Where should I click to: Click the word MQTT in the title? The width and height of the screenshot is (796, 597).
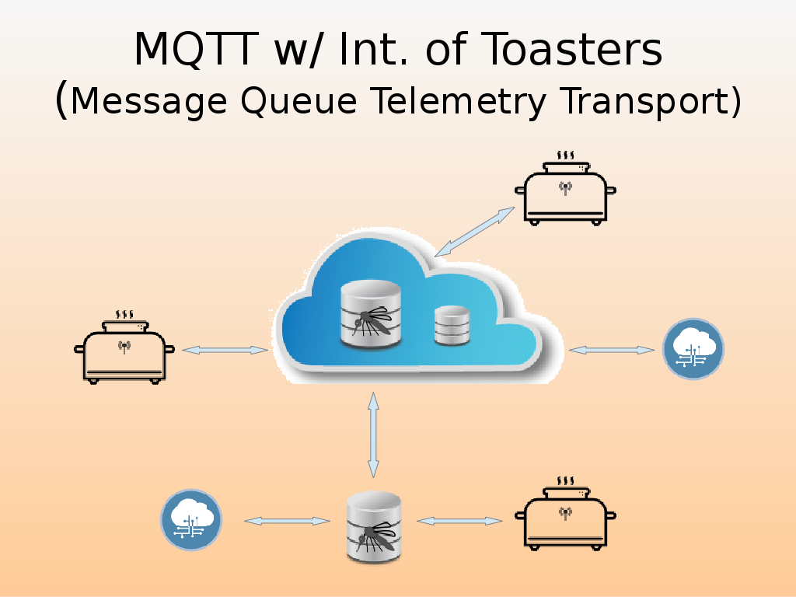click(x=196, y=50)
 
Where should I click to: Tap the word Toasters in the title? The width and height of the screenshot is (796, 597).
click(x=573, y=50)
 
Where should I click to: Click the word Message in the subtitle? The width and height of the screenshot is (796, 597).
click(x=149, y=102)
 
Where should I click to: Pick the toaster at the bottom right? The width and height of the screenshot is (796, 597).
click(x=565, y=515)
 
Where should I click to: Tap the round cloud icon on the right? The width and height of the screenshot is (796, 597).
click(x=693, y=349)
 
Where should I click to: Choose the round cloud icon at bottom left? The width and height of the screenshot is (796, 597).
click(x=191, y=520)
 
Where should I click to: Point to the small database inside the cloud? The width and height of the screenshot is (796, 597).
click(x=452, y=326)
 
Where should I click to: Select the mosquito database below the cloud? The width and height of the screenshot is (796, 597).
click(x=374, y=525)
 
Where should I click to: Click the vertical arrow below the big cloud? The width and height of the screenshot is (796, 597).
click(x=373, y=435)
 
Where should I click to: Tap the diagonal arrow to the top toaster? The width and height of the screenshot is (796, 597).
click(x=475, y=232)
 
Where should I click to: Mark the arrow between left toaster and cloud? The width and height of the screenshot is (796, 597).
click(x=225, y=351)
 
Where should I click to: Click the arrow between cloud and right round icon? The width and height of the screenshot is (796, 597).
click(x=611, y=351)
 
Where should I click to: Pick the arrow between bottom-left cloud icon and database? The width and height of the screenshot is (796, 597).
click(x=288, y=521)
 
